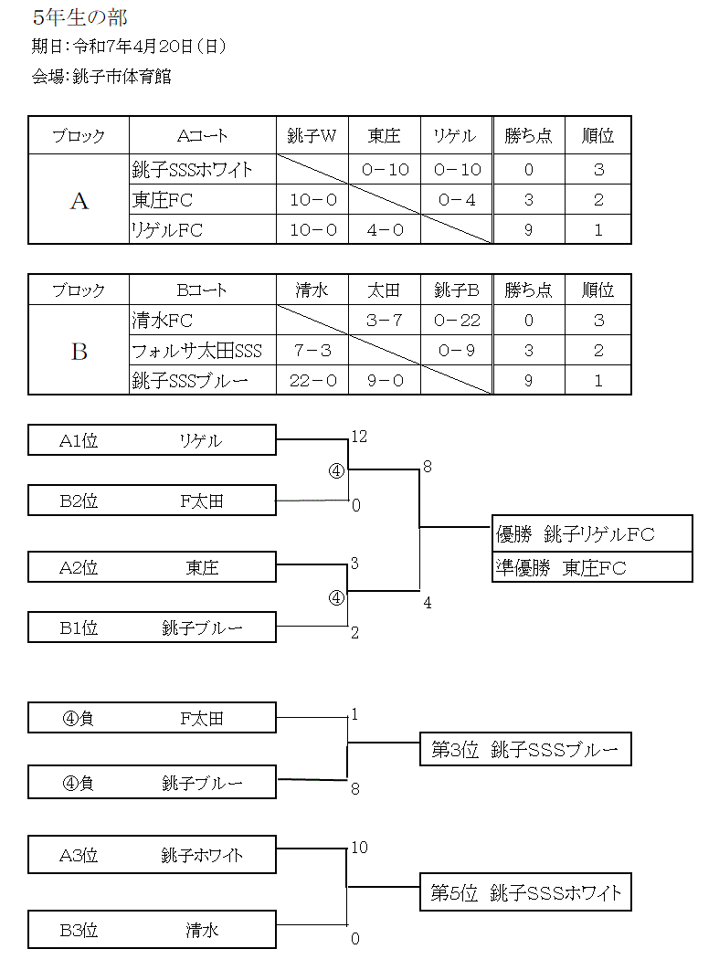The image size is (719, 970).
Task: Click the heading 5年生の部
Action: (x=79, y=17)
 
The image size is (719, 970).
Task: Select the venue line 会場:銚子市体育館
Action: (x=101, y=77)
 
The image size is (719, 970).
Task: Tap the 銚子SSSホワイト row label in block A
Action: (x=193, y=170)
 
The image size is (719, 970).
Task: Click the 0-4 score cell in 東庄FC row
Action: (x=457, y=200)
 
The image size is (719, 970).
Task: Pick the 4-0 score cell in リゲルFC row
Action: (x=385, y=230)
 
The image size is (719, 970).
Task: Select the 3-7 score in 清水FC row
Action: (x=385, y=321)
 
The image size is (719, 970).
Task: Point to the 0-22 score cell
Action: (x=457, y=321)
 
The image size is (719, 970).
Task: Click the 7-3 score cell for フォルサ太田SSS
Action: (x=312, y=351)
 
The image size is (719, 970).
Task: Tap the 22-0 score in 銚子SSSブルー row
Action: (x=313, y=381)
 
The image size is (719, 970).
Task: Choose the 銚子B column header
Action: (x=457, y=290)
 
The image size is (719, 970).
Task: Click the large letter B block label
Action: (x=79, y=352)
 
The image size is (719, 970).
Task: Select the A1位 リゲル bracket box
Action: (x=153, y=440)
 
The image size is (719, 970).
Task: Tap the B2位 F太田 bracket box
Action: (x=153, y=501)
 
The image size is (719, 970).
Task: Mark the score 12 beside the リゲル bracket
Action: (x=360, y=437)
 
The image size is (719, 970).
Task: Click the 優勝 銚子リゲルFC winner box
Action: (x=592, y=533)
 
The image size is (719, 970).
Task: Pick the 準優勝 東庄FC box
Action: (x=592, y=567)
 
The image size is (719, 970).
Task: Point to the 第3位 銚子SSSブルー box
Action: (x=525, y=749)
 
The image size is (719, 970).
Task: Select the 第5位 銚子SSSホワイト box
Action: (x=525, y=892)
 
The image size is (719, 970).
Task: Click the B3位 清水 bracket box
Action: (x=153, y=929)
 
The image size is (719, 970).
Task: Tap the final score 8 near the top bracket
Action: (x=428, y=467)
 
